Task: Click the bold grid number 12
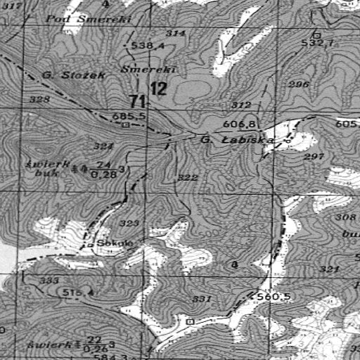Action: click(x=159, y=89)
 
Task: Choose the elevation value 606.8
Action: click(x=238, y=124)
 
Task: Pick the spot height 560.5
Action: click(x=274, y=296)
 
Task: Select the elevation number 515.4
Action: click(x=76, y=291)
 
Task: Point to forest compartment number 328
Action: click(x=40, y=101)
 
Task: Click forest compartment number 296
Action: click(x=299, y=84)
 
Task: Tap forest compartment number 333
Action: click(x=49, y=281)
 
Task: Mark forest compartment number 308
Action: click(x=346, y=217)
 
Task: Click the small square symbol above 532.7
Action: click(x=317, y=34)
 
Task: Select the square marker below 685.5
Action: click(x=126, y=124)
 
